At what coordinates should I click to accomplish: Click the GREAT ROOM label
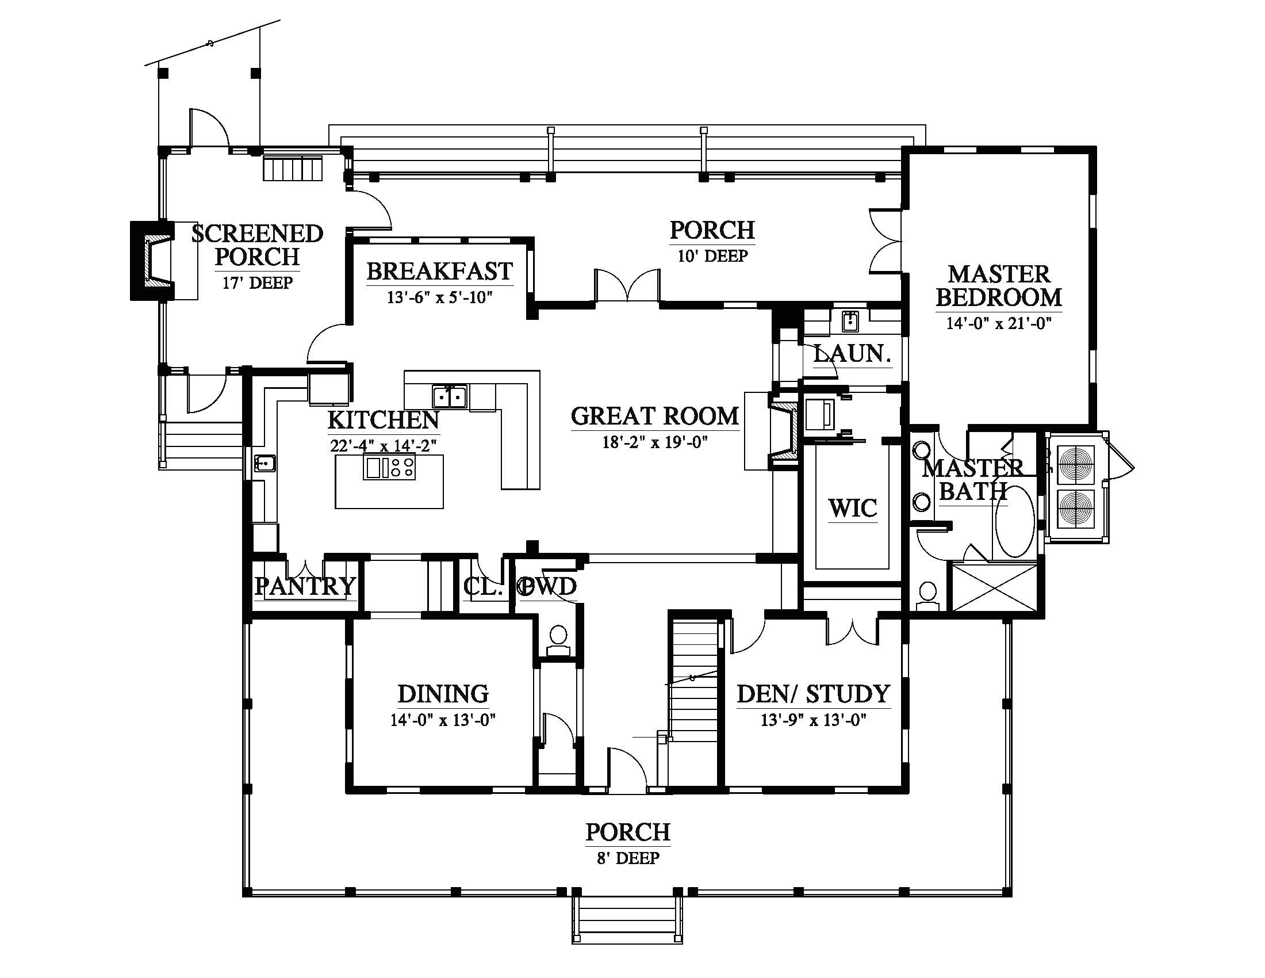(654, 417)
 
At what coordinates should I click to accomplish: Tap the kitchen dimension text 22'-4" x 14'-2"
(383, 445)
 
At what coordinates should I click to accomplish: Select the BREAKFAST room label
(440, 271)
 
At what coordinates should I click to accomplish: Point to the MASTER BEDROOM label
(999, 286)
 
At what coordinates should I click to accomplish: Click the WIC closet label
(853, 508)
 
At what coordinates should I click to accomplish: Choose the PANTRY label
(305, 586)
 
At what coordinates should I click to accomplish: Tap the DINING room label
(443, 694)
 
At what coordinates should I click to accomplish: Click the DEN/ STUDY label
(813, 694)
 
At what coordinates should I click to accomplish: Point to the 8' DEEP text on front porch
(628, 858)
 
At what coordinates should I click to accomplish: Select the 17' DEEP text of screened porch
(257, 282)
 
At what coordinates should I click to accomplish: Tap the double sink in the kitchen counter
(449, 397)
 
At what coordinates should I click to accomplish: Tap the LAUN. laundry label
(852, 354)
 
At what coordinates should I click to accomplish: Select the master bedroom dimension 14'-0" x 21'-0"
(999, 323)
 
